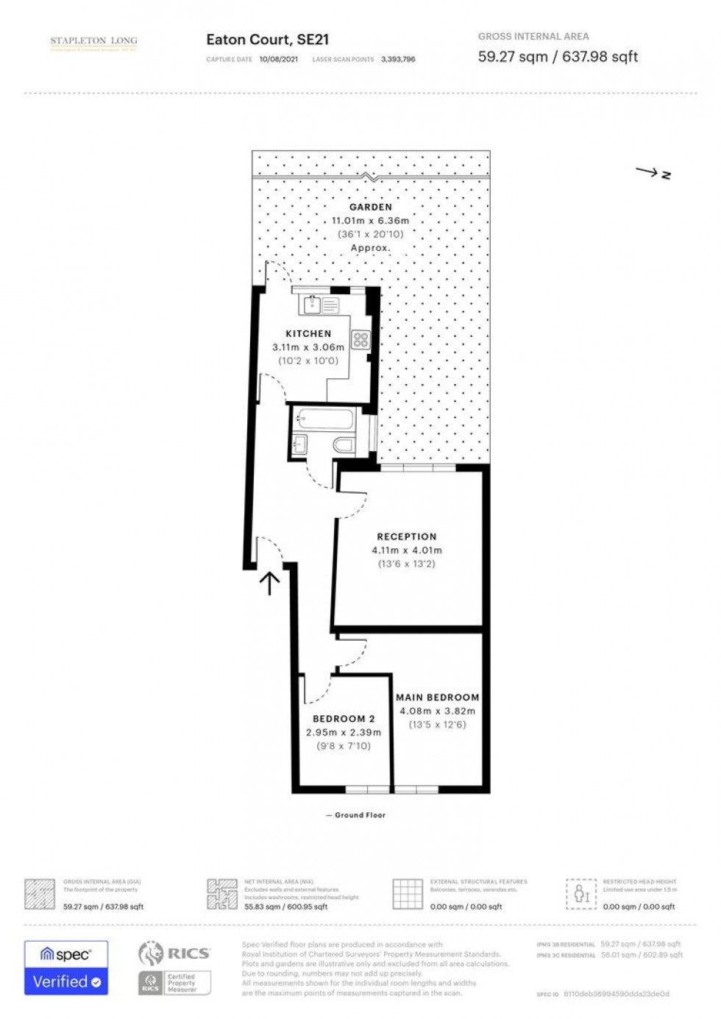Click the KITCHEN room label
[308, 333]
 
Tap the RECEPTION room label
[406, 536]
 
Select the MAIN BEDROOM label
[437, 697]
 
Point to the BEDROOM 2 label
[344, 718]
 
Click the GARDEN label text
[370, 207]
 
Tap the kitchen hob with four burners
[360, 339]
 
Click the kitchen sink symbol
[312, 304]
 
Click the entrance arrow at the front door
[269, 583]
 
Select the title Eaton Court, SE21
[267, 40]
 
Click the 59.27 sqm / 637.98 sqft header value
[558, 57]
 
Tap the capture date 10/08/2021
[279, 60]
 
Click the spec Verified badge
[66, 967]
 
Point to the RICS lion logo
[151, 954]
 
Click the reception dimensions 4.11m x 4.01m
[406, 550]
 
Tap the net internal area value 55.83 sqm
[285, 906]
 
